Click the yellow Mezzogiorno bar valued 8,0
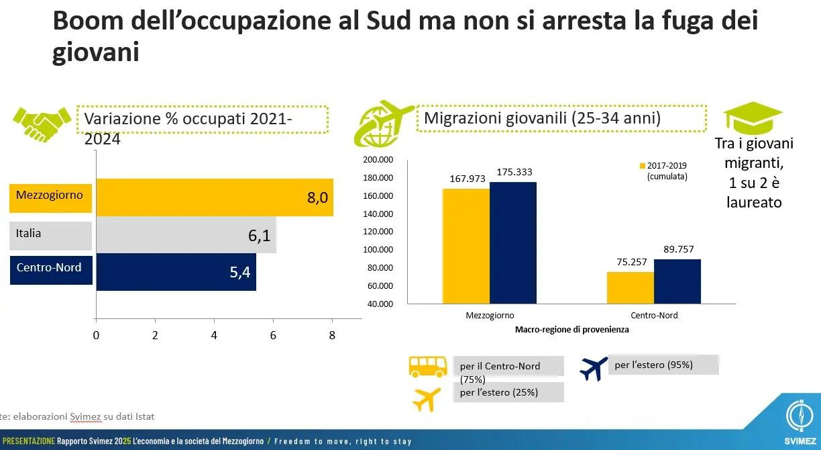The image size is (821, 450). pyautogui.click(x=215, y=197)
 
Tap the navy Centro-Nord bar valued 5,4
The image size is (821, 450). pyautogui.click(x=176, y=272)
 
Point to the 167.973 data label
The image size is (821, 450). pyautogui.click(x=466, y=180)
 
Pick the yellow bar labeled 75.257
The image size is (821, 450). pyautogui.click(x=630, y=287)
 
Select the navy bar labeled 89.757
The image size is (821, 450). pyautogui.click(x=677, y=281)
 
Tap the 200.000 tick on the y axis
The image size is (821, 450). pyautogui.click(x=376, y=160)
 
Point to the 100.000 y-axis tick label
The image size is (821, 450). pyautogui.click(x=376, y=250)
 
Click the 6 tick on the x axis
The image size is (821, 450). pyautogui.click(x=273, y=335)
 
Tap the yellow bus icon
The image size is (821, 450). pyautogui.click(x=429, y=366)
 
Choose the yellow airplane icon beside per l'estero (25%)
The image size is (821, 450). pyautogui.click(x=427, y=398)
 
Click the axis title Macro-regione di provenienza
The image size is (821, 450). pyautogui.click(x=572, y=330)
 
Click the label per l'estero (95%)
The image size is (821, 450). pyautogui.click(x=653, y=365)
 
